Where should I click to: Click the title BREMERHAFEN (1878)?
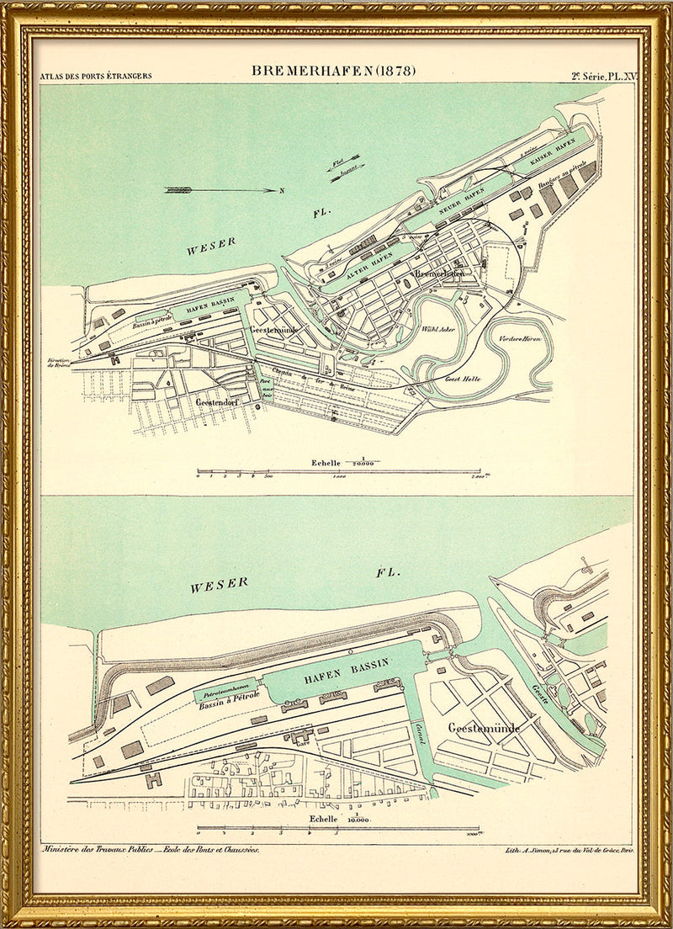(334, 71)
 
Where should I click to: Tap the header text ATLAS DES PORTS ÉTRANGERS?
(96, 76)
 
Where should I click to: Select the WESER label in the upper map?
(211, 249)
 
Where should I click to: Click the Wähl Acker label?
(437, 329)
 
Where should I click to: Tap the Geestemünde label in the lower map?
(484, 727)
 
